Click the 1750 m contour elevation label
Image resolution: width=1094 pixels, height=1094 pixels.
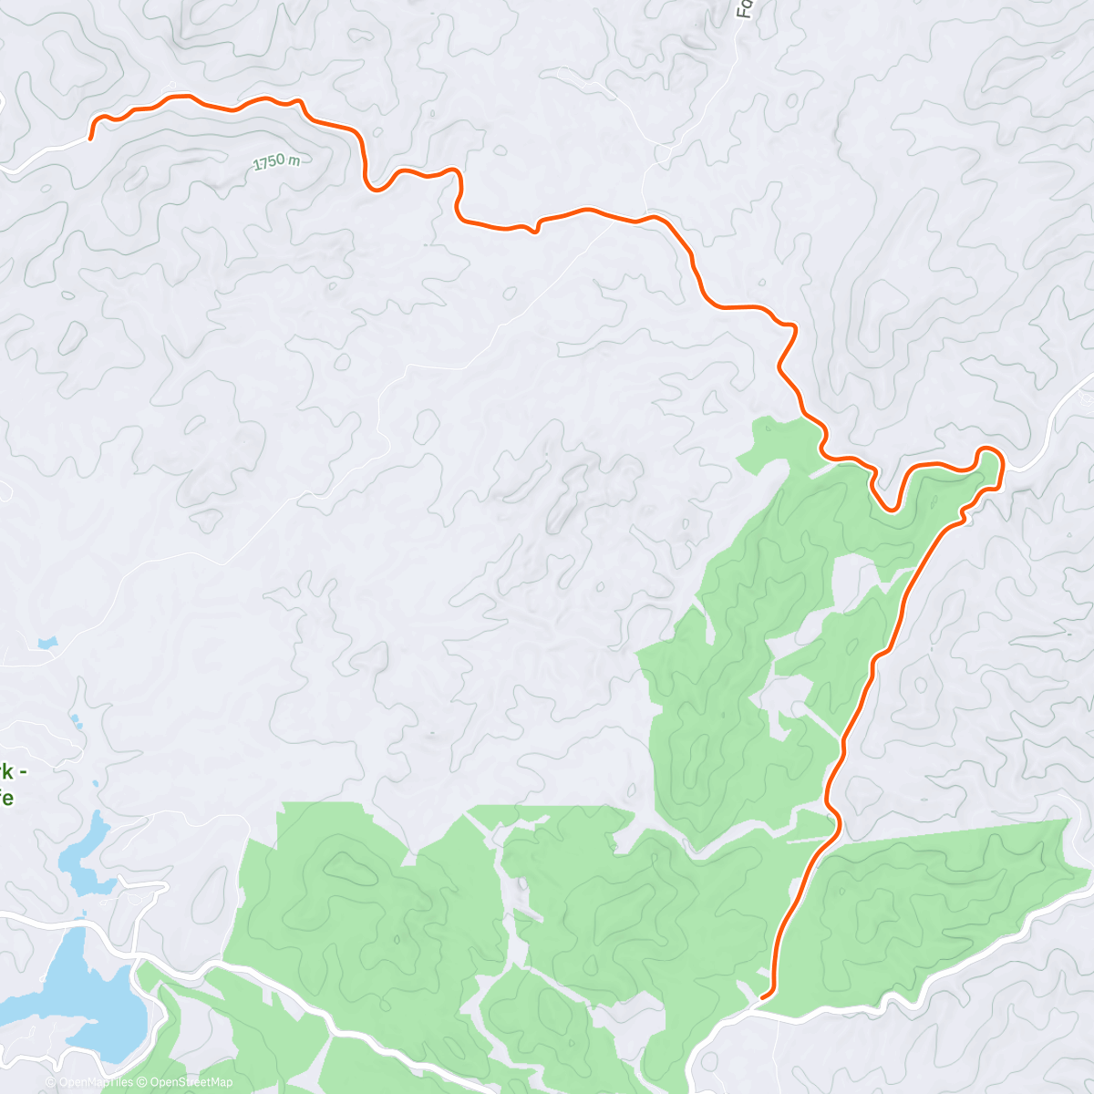pos(277,161)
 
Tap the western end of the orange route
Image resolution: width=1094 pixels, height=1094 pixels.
pos(91,138)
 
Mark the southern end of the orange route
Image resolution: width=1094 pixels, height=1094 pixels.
pos(762,997)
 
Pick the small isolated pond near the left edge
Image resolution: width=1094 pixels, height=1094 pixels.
pos(46,644)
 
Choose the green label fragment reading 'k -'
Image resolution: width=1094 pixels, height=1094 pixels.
pos(11,771)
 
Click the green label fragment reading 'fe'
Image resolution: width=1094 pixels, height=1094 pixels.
pos(6,797)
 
